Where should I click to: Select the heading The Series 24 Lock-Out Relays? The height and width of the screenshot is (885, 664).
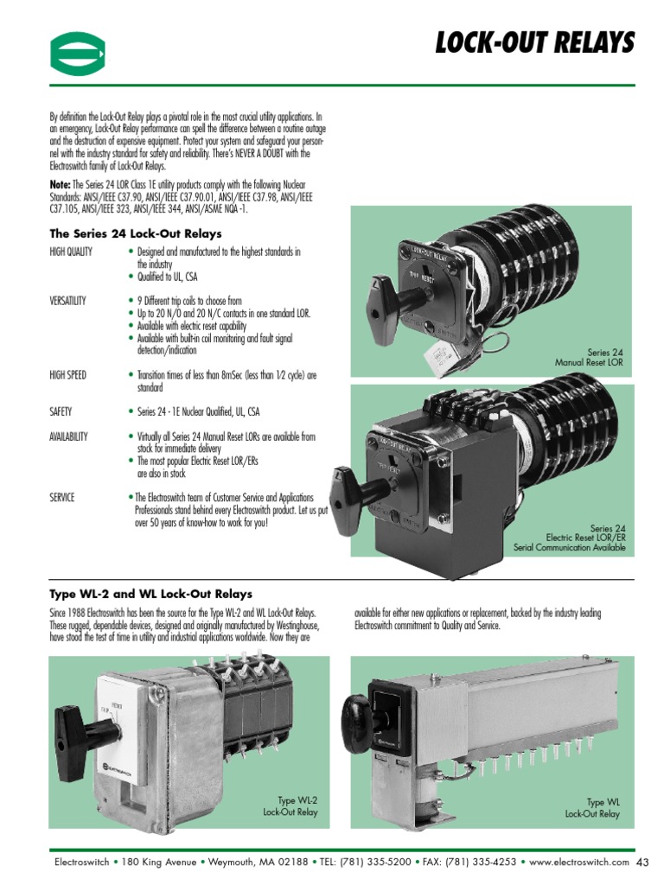click(136, 233)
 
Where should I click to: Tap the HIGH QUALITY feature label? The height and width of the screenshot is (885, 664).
click(72, 251)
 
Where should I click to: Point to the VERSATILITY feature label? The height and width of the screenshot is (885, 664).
click(68, 301)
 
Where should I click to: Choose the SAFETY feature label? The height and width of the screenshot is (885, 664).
click(61, 411)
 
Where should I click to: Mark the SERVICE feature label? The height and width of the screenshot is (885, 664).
click(62, 497)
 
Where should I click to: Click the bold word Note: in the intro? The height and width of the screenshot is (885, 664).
click(61, 184)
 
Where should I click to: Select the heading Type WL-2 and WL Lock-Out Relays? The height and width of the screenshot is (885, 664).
click(151, 594)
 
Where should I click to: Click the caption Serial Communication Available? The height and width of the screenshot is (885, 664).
click(569, 548)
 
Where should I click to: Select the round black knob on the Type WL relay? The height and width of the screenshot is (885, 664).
click(356, 714)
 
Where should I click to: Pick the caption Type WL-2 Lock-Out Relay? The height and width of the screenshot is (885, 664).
click(290, 806)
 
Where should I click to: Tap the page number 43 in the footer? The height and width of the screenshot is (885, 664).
click(642, 862)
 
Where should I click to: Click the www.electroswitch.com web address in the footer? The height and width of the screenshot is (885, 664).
click(578, 862)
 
